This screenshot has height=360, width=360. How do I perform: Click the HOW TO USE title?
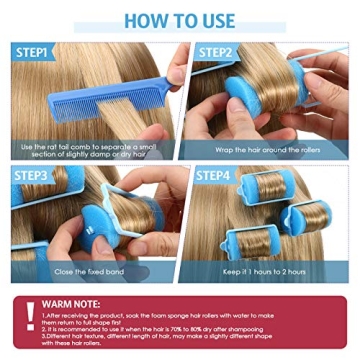(180, 20)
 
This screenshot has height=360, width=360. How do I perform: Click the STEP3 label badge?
(36, 177)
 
